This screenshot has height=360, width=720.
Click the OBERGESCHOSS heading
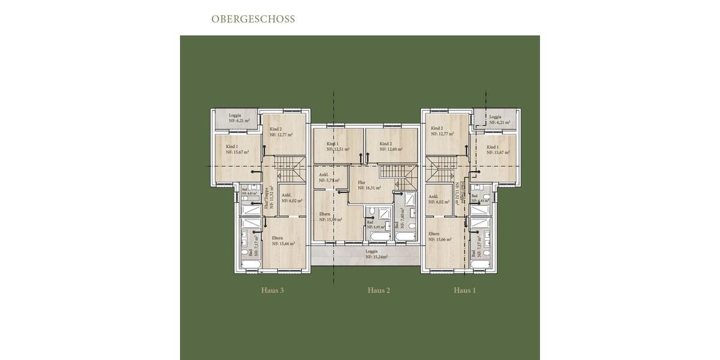tap(253, 19)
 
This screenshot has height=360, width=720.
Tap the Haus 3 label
tap(272, 290)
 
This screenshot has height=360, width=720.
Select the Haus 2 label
tap(379, 290)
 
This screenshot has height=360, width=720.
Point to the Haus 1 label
tap(465, 290)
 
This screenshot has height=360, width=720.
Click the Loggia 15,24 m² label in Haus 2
tap(376, 254)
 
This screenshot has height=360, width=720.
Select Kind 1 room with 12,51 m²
tap(337, 147)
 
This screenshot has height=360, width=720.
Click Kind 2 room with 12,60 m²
tap(391, 147)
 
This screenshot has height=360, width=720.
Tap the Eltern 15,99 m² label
tap(330, 217)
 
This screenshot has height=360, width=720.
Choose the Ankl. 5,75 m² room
tap(329, 178)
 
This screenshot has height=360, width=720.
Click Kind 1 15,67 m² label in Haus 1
tap(497, 150)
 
